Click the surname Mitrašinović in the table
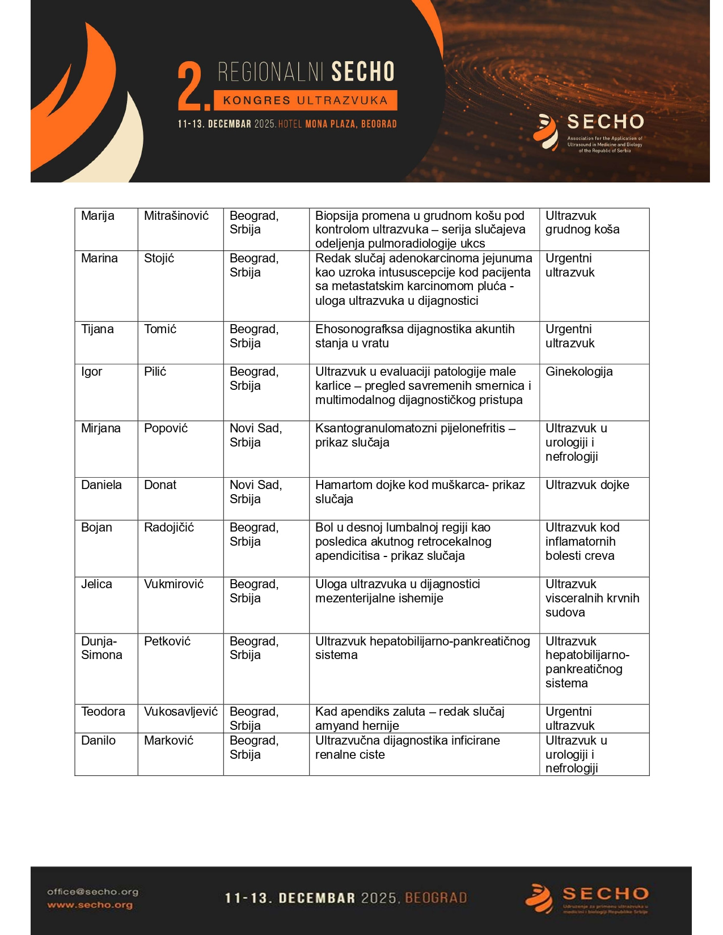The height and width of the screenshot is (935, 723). click(176, 216)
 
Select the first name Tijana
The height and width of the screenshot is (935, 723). click(98, 329)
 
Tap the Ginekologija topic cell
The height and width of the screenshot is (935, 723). click(579, 372)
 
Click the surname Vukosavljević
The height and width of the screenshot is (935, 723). click(181, 712)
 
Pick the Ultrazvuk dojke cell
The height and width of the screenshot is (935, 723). click(587, 485)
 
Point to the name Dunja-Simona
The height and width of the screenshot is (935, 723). click(102, 648)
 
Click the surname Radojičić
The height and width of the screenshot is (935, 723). click(169, 528)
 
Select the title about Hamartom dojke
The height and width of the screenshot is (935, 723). click(420, 492)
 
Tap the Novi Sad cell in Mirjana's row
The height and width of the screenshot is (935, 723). click(256, 435)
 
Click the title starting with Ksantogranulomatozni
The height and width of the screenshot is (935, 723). click(415, 435)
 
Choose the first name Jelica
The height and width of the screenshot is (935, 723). click(96, 584)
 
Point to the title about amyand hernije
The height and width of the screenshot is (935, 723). click(409, 719)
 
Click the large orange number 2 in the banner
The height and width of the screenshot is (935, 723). click(192, 86)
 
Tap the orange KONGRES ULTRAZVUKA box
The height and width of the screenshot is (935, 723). click(305, 100)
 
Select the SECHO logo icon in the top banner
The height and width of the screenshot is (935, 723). click(546, 132)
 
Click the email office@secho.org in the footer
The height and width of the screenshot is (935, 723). click(92, 892)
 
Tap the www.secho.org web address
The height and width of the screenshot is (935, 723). click(90, 905)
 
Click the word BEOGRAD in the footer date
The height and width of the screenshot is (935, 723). click(436, 898)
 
